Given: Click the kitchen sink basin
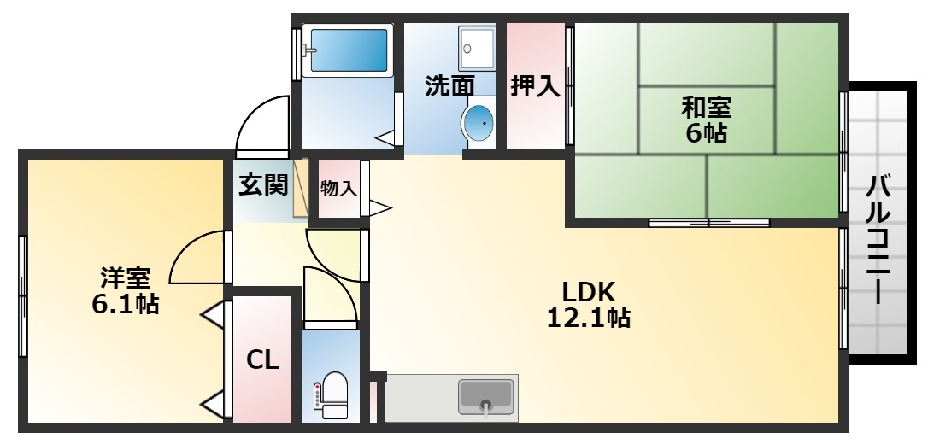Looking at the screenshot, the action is tap(486, 395).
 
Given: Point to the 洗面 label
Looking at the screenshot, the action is tap(449, 87).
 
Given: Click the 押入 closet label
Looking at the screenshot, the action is tap(535, 87).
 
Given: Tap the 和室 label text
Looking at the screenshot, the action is tap(706, 108).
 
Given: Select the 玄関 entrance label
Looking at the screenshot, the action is tap(263, 185).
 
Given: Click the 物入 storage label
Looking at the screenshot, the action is tap(338, 189).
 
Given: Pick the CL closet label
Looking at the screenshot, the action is tap(262, 359).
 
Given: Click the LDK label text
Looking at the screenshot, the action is tap(588, 291).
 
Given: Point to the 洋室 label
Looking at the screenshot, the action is tap(125, 277).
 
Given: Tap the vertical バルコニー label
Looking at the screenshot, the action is tap(878, 240).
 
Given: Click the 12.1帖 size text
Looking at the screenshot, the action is tap(588, 318).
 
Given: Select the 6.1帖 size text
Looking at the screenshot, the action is tap(125, 304).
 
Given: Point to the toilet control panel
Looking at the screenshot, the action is tap(317, 396).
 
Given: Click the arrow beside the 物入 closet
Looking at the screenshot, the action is tap(380, 208).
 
